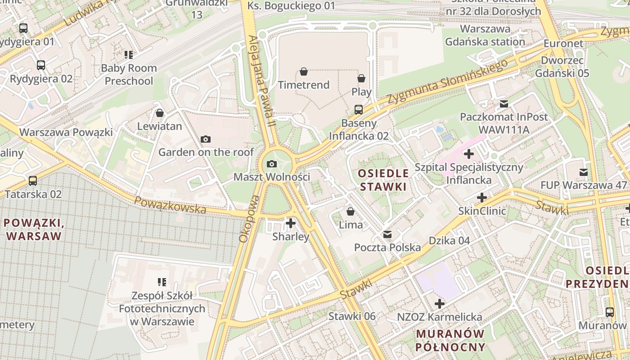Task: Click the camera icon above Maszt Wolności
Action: coord(271,164)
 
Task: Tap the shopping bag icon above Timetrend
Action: coord(304,72)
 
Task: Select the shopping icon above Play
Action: coord(361,79)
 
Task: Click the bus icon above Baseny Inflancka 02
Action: coord(359,110)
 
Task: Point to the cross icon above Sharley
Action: coord(291,223)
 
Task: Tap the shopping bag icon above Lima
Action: coord(351,211)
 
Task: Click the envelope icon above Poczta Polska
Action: coord(387,234)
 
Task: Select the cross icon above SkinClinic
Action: coord(482,198)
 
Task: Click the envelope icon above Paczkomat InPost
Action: coord(504,104)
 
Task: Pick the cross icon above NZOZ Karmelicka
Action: coord(439,304)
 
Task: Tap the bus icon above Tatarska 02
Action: coord(33,181)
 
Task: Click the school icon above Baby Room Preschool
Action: coord(129,55)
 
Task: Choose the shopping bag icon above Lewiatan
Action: coord(159,113)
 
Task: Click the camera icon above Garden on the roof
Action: coord(206,139)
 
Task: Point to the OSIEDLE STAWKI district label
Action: coord(383,180)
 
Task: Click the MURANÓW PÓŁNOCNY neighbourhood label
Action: coord(450,340)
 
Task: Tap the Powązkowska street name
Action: coord(170,206)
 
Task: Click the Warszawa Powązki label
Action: coord(66,132)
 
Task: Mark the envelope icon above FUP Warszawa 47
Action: coord(584,172)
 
